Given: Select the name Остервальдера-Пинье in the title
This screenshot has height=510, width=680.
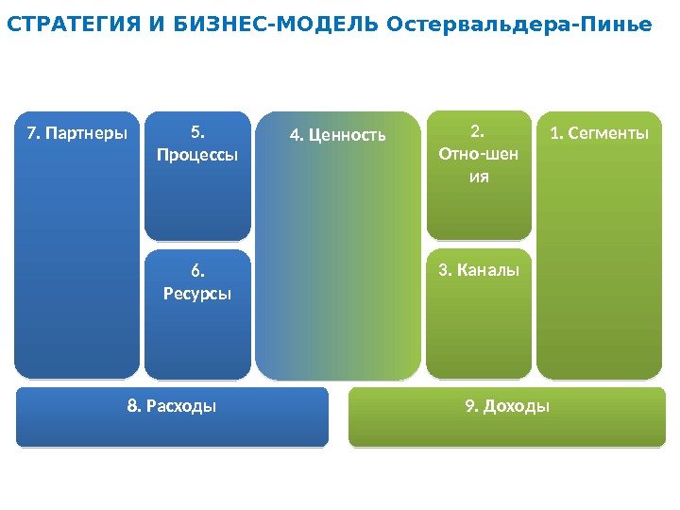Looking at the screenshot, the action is point(519,25).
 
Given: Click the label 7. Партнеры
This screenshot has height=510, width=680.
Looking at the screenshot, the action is point(76,134).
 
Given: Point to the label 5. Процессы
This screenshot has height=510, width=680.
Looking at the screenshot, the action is point(197,143).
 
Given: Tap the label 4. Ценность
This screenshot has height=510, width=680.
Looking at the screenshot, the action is point(337,135).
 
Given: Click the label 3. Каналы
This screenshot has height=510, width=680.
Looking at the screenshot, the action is point(479,271).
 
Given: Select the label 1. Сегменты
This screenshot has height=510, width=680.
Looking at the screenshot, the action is point(600,134).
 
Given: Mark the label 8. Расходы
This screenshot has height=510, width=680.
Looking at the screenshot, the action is point(172,406).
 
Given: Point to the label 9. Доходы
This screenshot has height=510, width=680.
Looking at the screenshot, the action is point(507,406).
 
